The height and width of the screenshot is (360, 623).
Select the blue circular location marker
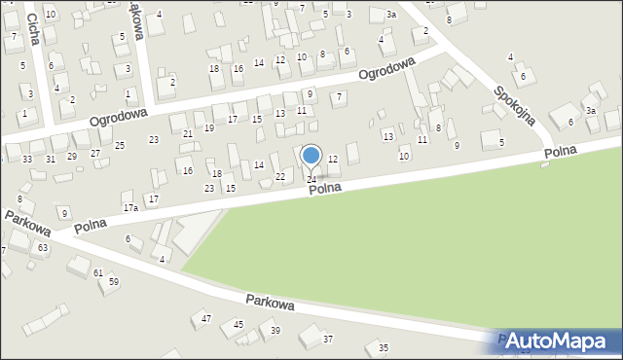(x=311, y=155)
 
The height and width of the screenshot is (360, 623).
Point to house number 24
(x=311, y=179)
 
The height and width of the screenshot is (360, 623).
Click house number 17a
(x=130, y=208)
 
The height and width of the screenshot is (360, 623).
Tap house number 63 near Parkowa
(x=43, y=248)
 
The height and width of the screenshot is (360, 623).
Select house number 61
(x=98, y=272)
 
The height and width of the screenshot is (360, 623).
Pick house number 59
(x=114, y=281)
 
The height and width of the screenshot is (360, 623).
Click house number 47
(x=206, y=318)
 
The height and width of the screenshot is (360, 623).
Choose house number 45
(x=238, y=324)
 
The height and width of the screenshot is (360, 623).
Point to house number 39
(x=275, y=331)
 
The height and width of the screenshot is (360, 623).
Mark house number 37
(x=328, y=339)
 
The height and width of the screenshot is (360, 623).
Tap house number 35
(x=384, y=347)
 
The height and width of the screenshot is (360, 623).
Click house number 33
(x=27, y=159)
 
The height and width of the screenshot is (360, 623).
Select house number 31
(x=50, y=159)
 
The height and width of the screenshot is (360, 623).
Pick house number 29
(x=71, y=156)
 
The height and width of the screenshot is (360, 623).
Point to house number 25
(x=119, y=145)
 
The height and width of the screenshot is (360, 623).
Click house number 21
(x=187, y=133)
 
